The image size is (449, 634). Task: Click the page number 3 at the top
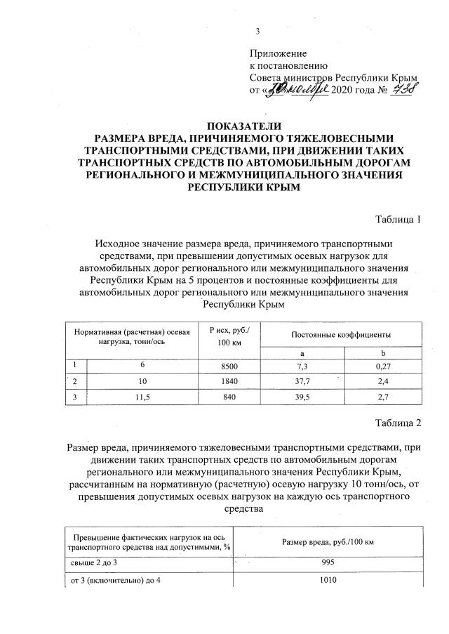click(x=257, y=30)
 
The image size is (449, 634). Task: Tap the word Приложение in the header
click(x=279, y=53)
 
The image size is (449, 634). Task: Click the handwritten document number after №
click(x=403, y=89)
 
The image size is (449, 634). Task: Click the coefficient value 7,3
click(x=302, y=366)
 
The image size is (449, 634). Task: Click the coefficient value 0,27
click(x=382, y=366)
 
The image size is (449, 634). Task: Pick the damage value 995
click(x=327, y=562)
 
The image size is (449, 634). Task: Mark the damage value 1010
click(x=327, y=580)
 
